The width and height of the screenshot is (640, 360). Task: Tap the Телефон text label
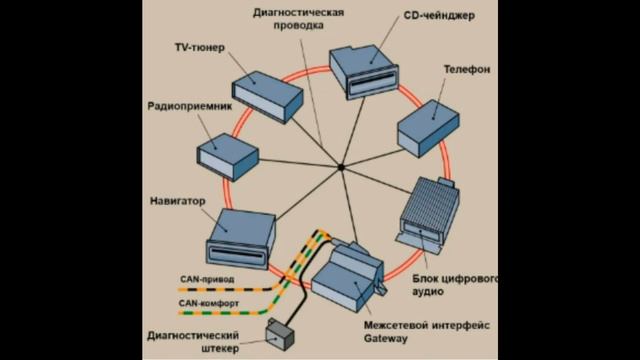[465, 71]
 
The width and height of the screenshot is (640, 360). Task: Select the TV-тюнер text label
[198, 47]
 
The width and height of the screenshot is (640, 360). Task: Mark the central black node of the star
[340, 167]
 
